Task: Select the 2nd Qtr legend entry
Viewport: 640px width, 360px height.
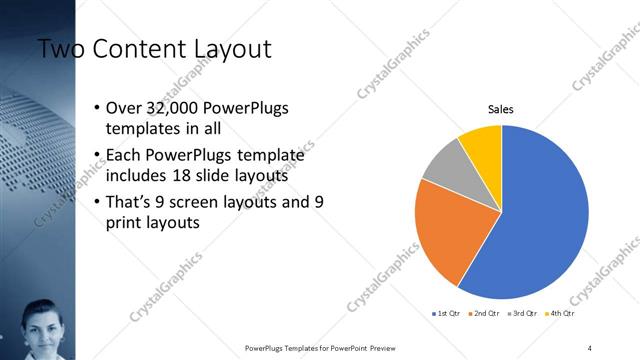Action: tap(484, 313)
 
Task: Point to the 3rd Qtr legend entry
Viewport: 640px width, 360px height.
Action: tap(525, 313)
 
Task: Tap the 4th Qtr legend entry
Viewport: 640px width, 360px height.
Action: tap(564, 313)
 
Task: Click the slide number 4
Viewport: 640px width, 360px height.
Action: tap(590, 347)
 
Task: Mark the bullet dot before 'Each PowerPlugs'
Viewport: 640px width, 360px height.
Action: tap(95, 155)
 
